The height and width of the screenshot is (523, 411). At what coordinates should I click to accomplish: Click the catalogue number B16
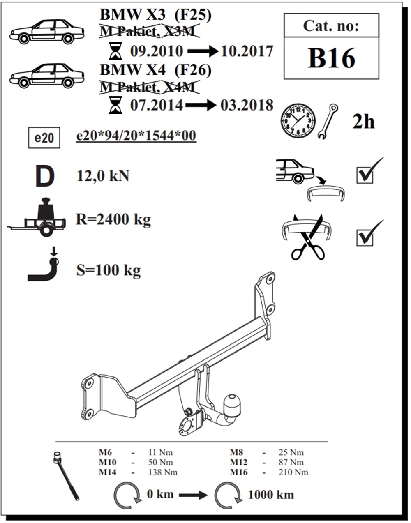331,58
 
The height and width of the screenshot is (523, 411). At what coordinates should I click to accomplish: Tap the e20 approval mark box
44,138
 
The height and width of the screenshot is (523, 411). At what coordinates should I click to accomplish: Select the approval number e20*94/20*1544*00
136,136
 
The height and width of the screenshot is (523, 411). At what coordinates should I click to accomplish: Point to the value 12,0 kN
103,176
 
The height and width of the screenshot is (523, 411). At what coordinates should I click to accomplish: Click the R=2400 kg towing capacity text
113,219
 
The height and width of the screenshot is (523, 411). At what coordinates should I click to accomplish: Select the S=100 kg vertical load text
109,270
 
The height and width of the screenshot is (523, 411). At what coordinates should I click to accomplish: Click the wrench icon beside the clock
328,122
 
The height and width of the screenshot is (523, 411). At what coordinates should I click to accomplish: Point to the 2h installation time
363,122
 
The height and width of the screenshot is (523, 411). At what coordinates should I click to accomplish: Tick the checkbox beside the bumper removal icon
365,175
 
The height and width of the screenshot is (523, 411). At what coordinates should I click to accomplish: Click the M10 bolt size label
107,463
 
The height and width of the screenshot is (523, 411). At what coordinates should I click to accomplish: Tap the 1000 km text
270,495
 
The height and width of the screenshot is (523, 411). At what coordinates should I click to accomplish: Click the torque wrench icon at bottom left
66,476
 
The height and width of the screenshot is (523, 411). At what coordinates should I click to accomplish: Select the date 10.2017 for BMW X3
247,51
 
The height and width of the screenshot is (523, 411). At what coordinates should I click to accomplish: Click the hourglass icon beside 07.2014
116,105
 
